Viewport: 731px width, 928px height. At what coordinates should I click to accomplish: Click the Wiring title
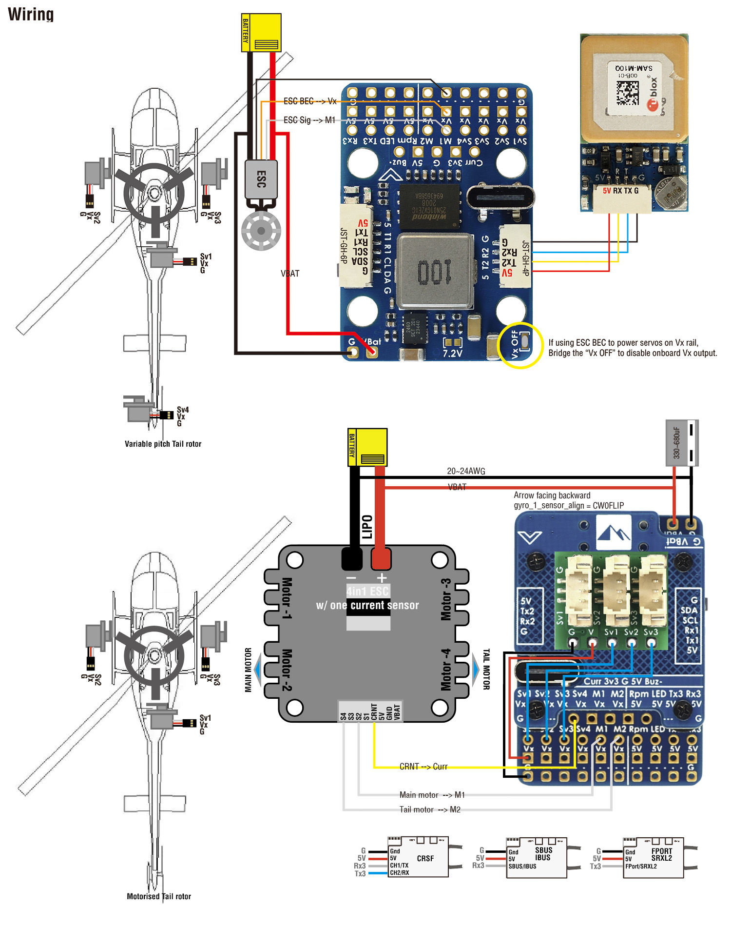click(x=31, y=14)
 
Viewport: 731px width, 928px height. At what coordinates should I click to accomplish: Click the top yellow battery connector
click(x=261, y=32)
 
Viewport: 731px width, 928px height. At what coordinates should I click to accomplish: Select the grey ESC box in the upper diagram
click(x=261, y=179)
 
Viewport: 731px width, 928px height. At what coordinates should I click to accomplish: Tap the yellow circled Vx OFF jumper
click(x=520, y=345)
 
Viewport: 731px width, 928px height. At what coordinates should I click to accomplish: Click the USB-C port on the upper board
click(x=500, y=197)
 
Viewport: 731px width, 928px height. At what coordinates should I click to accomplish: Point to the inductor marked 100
click(x=435, y=272)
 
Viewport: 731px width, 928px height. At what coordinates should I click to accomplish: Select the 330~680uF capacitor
click(x=682, y=442)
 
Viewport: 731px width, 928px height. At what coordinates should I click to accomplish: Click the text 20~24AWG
click(x=466, y=471)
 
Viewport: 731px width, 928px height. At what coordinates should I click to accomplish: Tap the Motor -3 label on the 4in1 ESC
click(x=446, y=599)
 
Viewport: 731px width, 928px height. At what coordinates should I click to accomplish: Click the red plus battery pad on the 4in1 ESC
click(x=381, y=559)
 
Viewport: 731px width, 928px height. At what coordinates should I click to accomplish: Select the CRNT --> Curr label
click(x=423, y=767)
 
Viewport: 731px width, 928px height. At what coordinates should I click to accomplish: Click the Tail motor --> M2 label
click(x=429, y=810)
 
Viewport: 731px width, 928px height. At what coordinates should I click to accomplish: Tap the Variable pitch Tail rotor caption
click(x=163, y=444)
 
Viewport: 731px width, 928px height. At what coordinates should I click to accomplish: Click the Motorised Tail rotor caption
click(x=159, y=896)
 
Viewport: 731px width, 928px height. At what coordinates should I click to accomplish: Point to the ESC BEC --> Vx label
click(x=310, y=101)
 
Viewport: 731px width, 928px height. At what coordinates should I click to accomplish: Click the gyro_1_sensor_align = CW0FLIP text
click(x=569, y=505)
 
